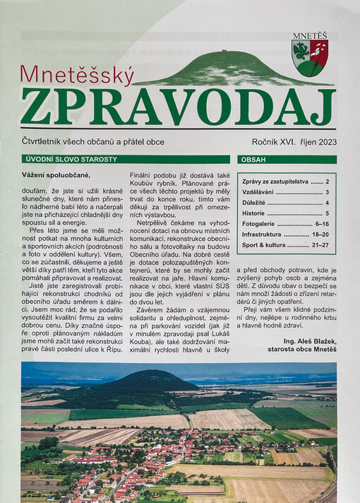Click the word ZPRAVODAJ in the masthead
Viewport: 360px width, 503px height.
click(x=177, y=105)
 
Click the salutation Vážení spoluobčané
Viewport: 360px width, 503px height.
click(x=56, y=175)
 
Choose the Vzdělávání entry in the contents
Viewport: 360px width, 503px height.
click(x=258, y=192)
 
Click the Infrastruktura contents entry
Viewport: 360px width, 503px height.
click(x=264, y=233)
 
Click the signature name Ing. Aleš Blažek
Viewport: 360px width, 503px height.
click(x=306, y=332)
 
